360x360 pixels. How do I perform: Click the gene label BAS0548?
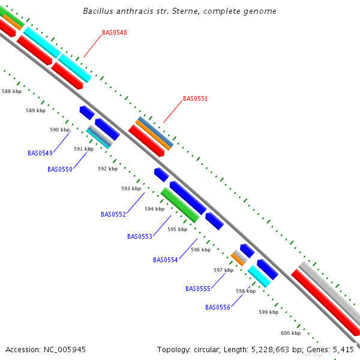(114, 32)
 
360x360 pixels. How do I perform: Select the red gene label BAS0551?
(195, 98)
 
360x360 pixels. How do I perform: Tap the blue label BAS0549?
(40, 153)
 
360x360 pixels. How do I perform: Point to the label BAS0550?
(60, 169)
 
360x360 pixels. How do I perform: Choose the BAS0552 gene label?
(113, 214)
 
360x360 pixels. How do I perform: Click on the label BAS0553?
(140, 236)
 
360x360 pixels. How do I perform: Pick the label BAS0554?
(166, 260)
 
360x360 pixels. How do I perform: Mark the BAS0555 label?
(198, 289)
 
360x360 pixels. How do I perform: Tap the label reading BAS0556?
(218, 307)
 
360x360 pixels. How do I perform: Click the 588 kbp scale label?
(12, 92)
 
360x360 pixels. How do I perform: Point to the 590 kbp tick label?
(60, 130)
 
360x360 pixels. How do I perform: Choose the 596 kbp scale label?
(201, 250)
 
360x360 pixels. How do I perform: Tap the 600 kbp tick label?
(291, 333)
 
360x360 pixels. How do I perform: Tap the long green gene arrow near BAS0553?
(180, 205)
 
